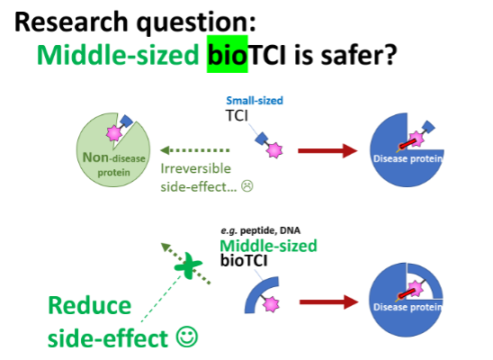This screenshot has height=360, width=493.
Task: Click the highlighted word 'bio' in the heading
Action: [x=228, y=54]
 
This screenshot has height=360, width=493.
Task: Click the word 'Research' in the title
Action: [x=71, y=22]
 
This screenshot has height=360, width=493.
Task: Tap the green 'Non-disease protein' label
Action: [x=114, y=164]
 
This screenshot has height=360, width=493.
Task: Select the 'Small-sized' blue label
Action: [x=255, y=101]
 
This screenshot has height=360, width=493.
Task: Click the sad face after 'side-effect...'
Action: [x=247, y=185]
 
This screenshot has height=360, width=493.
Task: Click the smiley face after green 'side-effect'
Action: [x=187, y=337]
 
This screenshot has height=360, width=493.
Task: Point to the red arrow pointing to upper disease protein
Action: [x=327, y=150]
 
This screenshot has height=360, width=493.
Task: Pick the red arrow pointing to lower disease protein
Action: [x=328, y=302]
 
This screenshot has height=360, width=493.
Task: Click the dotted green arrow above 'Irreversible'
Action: [x=195, y=150]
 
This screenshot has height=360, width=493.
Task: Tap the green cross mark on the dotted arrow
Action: [x=188, y=265]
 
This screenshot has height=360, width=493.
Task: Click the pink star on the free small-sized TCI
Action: [x=274, y=150]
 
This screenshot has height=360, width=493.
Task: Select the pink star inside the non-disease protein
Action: [x=114, y=133]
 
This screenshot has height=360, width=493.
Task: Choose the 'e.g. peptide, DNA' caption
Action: [x=260, y=230]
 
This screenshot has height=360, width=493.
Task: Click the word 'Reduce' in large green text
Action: [x=90, y=305]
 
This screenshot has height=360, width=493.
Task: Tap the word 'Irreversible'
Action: [x=195, y=169]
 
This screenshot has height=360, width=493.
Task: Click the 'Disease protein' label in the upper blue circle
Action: [x=408, y=158]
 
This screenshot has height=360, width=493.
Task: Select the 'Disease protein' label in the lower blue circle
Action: [x=408, y=307]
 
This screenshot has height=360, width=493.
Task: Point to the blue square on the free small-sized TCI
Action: [x=261, y=139]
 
